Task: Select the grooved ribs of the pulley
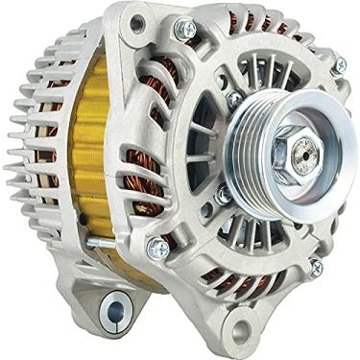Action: [x=257, y=135]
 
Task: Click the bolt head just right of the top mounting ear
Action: [x=184, y=31]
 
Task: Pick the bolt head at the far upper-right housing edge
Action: [x=338, y=66]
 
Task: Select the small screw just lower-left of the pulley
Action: [x=224, y=197]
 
